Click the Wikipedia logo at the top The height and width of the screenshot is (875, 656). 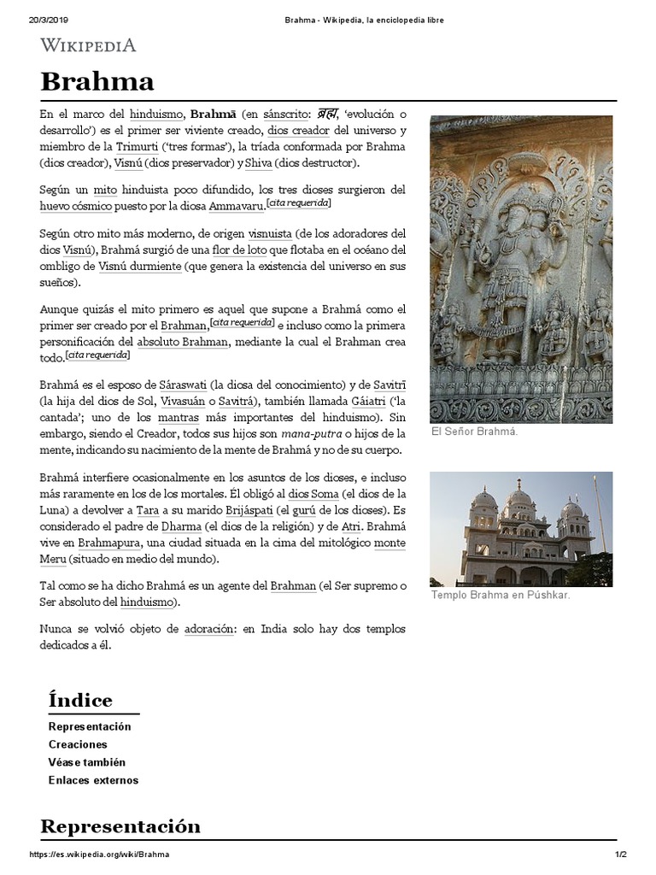pos(88,45)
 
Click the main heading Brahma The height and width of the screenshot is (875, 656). pos(97,82)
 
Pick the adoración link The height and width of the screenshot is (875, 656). pos(208,629)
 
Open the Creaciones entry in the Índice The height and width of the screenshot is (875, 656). pos(78,744)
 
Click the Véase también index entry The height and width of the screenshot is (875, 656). pos(87,762)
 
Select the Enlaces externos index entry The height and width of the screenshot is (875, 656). pos(93,780)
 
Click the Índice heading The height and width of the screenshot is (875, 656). pos(80,701)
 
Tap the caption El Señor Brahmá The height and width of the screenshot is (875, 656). pos(474,432)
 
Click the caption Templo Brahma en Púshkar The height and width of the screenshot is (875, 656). pos(500,595)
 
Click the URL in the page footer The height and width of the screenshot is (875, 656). pos(99,855)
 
